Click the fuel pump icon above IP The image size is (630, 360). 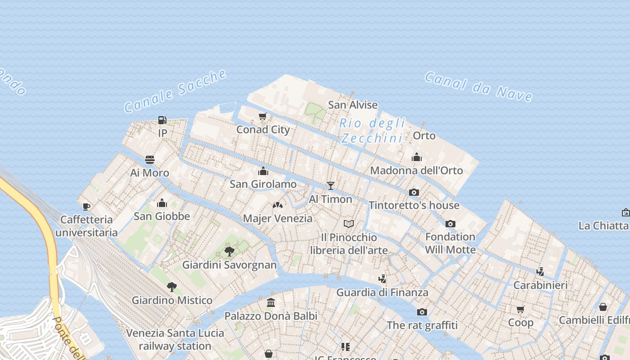[x=162, y=120]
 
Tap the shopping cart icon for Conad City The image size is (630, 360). [x=263, y=117]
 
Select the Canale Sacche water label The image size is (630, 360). [x=175, y=91]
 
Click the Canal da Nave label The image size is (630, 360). [x=478, y=86]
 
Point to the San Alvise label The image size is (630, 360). [x=353, y=105]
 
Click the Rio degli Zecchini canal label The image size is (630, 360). [x=372, y=130]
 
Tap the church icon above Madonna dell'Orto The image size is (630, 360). [x=416, y=157]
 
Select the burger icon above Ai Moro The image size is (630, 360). [x=150, y=160]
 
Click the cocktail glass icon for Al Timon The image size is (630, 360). [x=331, y=185]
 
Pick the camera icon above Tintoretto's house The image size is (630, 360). [x=414, y=192]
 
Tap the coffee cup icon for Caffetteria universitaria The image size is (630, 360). [x=86, y=207]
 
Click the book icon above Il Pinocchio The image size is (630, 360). [x=349, y=224]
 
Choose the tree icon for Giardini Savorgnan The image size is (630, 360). [x=229, y=251]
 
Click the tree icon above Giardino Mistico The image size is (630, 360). [x=171, y=287]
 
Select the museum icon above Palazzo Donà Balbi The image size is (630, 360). [x=271, y=303]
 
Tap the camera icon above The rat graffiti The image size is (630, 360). [x=422, y=312]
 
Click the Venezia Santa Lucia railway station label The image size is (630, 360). [x=175, y=339]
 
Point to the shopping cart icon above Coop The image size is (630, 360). [x=521, y=309]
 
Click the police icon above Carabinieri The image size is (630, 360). [x=540, y=271]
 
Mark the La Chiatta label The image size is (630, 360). [x=603, y=225]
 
